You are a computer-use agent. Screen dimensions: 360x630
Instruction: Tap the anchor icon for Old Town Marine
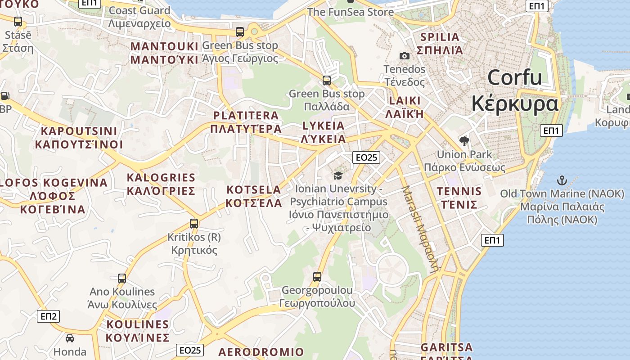[562, 181]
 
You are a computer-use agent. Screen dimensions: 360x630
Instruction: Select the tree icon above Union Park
[464, 141]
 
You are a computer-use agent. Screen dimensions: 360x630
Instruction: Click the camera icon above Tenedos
[405, 56]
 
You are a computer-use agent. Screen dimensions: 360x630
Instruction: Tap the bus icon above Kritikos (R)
[194, 223]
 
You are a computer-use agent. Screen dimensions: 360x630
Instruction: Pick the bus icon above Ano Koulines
[122, 278]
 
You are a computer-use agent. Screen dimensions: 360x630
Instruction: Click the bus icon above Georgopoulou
[317, 276]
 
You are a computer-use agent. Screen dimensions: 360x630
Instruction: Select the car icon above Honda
[70, 338]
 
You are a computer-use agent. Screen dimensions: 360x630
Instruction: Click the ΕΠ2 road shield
[48, 316]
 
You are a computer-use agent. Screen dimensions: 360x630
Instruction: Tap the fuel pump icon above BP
[5, 95]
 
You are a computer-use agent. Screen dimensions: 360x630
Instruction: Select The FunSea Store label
[350, 12]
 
